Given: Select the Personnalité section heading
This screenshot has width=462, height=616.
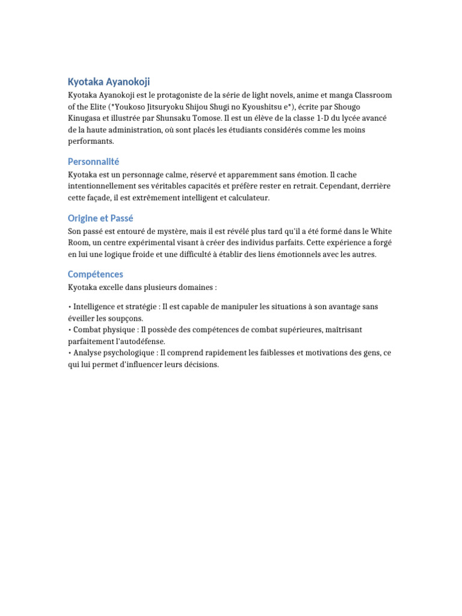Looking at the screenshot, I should (x=94, y=161).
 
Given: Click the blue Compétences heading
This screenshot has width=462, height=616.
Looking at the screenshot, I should (x=96, y=274).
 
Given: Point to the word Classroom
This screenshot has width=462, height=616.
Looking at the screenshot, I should (x=373, y=96).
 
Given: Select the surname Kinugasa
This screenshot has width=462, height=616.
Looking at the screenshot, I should (x=86, y=119).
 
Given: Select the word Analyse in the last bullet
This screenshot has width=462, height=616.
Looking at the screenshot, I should (x=87, y=353).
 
